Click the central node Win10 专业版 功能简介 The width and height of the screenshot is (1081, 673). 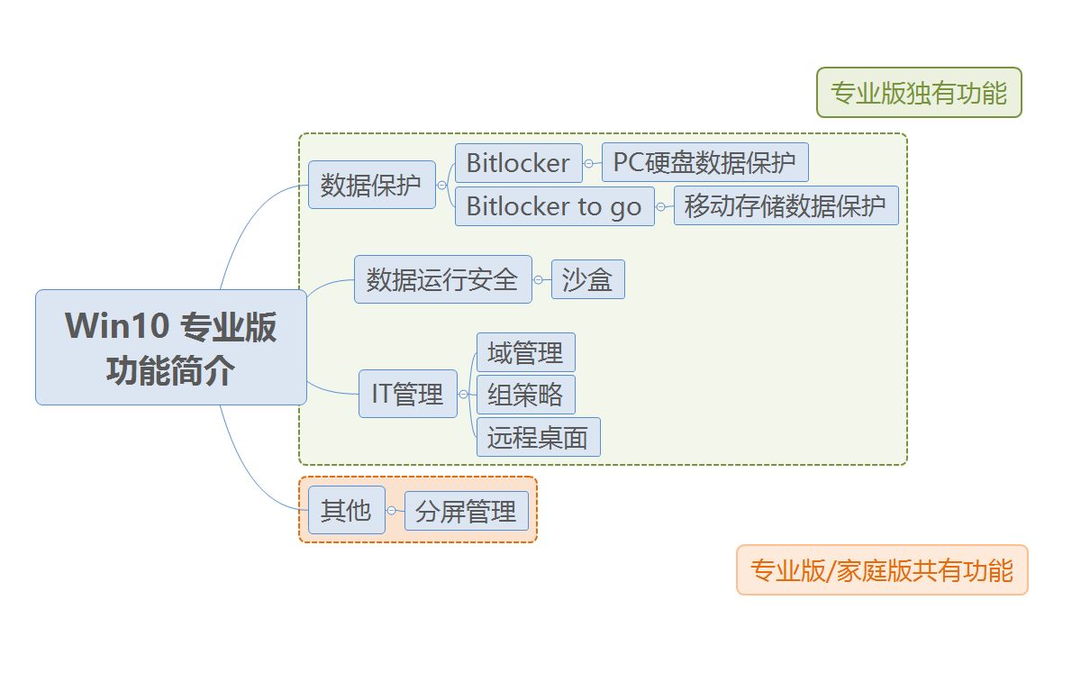pos(171,347)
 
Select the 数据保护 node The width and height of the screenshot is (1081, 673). pos(371,185)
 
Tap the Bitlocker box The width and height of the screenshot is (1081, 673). pos(518,163)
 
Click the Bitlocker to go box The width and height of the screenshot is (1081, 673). pos(554,206)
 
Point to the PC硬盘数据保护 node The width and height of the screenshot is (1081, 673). pos(704,163)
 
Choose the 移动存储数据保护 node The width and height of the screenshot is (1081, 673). pos(786,206)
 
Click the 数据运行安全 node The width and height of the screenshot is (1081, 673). pos(442,279)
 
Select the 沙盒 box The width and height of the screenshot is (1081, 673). pos(587,280)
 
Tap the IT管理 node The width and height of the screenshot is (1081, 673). pos(407,394)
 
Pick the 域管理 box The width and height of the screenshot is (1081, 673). pos(525,352)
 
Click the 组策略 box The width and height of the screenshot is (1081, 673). pos(525,395)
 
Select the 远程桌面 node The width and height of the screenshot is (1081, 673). pos(538,437)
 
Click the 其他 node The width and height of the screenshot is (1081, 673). pos(346,511)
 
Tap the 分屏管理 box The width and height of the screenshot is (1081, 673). pos(466,512)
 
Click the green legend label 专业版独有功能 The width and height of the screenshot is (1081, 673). pos(919,93)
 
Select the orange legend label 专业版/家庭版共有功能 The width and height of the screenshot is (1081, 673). pos(882,570)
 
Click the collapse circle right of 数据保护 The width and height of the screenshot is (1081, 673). pos(442,186)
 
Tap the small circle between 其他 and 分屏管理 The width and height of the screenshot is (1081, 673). pos(392,511)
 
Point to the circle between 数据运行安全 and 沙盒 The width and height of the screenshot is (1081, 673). pos(539,280)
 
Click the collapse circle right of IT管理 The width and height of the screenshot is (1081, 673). pos(464,395)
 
